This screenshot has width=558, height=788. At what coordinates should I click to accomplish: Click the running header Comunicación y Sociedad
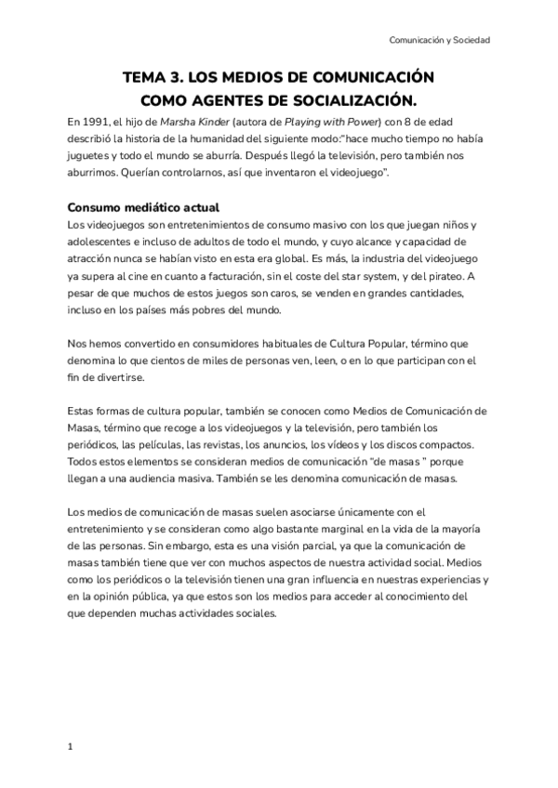pyautogui.click(x=440, y=41)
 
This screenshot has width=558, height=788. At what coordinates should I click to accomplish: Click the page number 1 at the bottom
pyautogui.click(x=71, y=746)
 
